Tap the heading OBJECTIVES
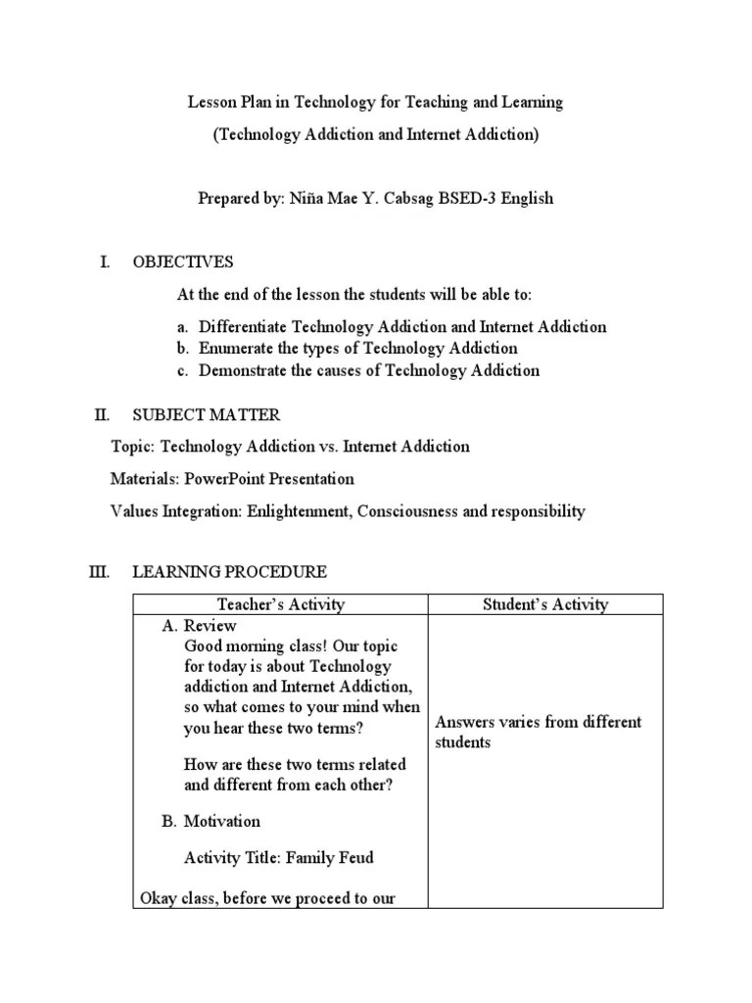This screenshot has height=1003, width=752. point(183,262)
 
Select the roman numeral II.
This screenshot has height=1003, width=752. point(102,415)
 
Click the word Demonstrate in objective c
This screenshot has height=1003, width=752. point(243,370)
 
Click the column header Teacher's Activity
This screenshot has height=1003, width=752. point(281,604)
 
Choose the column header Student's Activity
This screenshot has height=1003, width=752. point(545,604)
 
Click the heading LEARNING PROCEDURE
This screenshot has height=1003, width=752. point(229,572)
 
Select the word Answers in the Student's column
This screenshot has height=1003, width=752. point(463,722)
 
